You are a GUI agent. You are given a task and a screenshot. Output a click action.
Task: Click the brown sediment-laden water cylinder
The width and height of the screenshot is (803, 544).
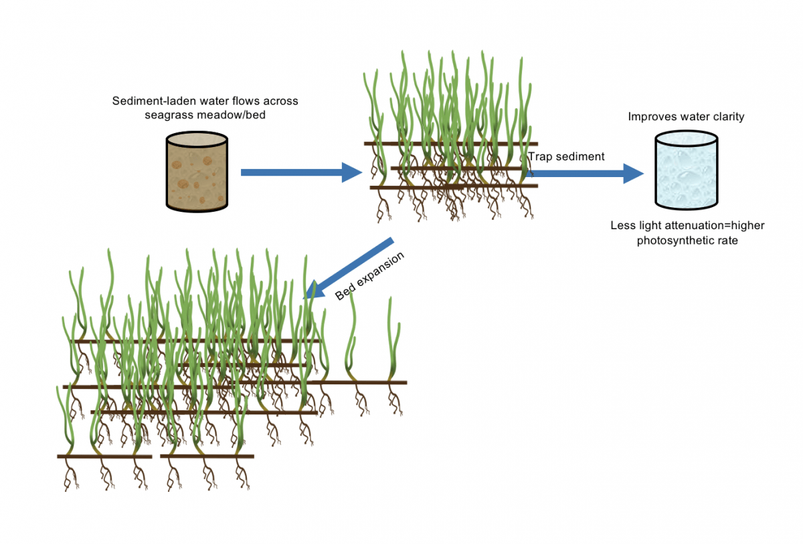pyautogui.click(x=197, y=171)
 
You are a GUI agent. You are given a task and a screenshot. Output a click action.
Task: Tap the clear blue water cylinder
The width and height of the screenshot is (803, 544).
pyautogui.click(x=687, y=170)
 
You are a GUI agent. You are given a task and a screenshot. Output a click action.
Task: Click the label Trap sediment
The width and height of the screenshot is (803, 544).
pyautogui.click(x=566, y=156)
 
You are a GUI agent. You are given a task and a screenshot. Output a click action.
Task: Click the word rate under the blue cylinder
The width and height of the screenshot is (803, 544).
pyautogui.click(x=727, y=241)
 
